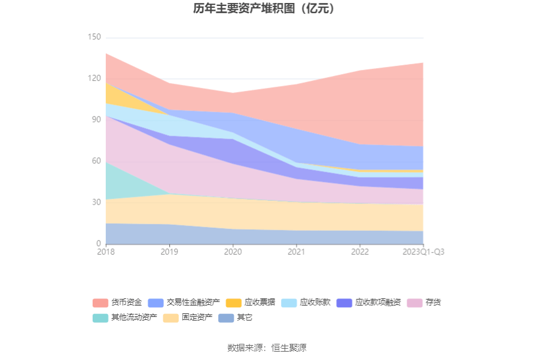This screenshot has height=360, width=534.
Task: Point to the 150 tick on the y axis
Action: pos(94,37)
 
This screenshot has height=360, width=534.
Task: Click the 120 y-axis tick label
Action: pos(94,78)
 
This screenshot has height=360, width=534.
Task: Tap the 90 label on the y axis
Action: pos(96,120)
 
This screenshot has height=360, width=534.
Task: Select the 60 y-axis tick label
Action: pos(96,161)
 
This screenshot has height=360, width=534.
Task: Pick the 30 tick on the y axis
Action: pos(96,202)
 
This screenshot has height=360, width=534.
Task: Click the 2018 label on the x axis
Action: pos(106,252)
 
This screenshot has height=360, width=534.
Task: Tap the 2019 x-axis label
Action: pos(169,252)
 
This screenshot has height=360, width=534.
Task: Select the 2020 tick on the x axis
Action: pos(233,252)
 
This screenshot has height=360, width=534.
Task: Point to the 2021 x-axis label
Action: pos(296,252)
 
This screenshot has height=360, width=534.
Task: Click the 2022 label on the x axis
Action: pos(359,252)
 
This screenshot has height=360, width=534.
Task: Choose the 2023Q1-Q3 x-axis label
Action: pos(423,252)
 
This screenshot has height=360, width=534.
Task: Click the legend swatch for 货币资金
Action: pos(100,303)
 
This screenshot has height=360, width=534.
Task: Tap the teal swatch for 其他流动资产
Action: pos(100,318)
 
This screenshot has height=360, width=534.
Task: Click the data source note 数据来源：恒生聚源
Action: pos(267,347)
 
